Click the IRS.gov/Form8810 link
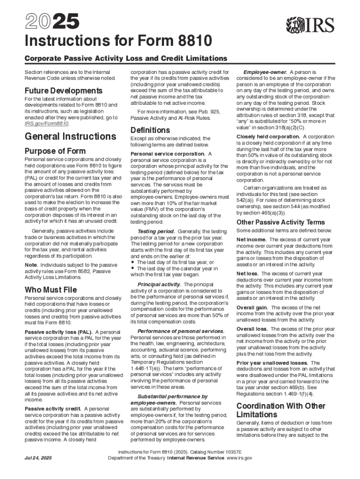pos(47,124)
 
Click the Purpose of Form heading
pos(55,151)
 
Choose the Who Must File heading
pos(51,290)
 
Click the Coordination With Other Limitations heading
pos(281,410)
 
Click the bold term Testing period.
pos(156,232)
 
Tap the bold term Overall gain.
pos(252,307)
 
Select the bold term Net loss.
pos(247,274)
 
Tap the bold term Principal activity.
pos(159,284)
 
